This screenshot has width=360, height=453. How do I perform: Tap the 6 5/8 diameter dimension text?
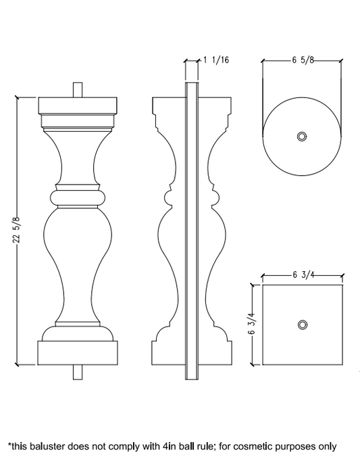pos(303,60)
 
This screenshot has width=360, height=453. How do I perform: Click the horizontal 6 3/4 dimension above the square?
pos(303,275)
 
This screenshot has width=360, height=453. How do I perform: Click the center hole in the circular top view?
pos(302,137)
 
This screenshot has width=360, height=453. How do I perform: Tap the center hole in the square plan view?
pos(302,325)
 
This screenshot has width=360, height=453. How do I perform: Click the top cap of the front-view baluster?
pos(78,106)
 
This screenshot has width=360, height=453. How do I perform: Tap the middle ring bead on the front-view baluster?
pos(78,197)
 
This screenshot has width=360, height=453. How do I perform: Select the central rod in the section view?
pos(192,230)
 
